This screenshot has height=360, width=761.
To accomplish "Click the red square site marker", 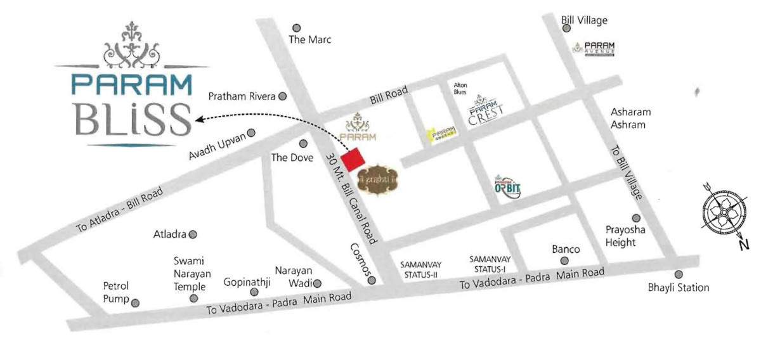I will tap(353, 158).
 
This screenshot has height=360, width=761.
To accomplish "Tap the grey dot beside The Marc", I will tap(296, 28).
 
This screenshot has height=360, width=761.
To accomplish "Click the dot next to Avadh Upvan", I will tap(251, 133).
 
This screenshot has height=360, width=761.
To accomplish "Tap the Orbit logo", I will tap(507, 186).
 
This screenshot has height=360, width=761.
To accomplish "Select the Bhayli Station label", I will tap(678, 288).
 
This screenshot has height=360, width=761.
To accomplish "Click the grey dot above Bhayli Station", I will tap(678, 274).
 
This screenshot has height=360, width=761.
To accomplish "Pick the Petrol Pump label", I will tap(116, 293).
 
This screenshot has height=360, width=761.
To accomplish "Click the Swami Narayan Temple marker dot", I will tap(194, 298).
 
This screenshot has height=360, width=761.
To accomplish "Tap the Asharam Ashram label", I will tap(630, 119).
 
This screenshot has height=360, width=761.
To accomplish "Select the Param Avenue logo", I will tap(594, 48).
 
